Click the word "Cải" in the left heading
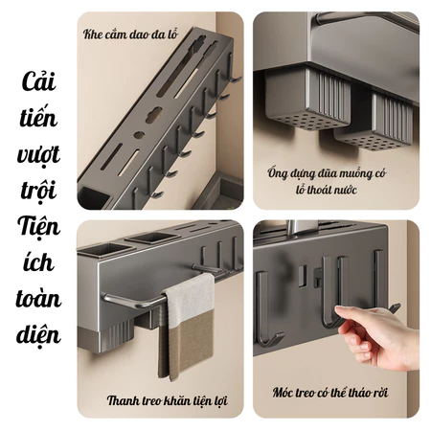coord(39,81)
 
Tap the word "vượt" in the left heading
coord(38,154)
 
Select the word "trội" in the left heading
coord(38,191)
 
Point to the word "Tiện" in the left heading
coord(38,228)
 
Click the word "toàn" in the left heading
coord(38,299)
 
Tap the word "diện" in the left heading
coord(38,335)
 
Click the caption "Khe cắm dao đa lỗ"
coord(130,34)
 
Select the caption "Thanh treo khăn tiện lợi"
coord(168,400)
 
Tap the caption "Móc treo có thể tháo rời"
coord(330,393)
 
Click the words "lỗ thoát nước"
coord(326,190)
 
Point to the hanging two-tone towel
coord(188,326)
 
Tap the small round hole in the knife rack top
coord(139,135)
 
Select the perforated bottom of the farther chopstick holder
coord(371,141)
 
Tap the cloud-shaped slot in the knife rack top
coord(154,115)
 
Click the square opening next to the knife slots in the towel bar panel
coord(151,238)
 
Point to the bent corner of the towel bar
coord(108,299)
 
